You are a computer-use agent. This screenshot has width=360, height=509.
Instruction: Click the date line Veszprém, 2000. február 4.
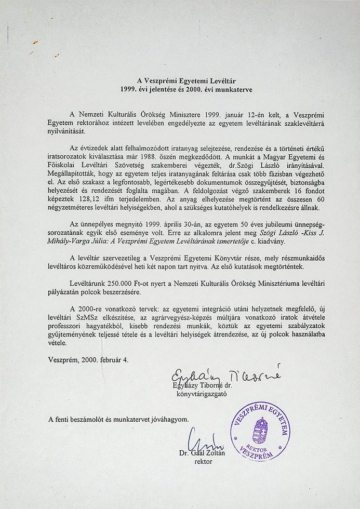coord(88,359)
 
